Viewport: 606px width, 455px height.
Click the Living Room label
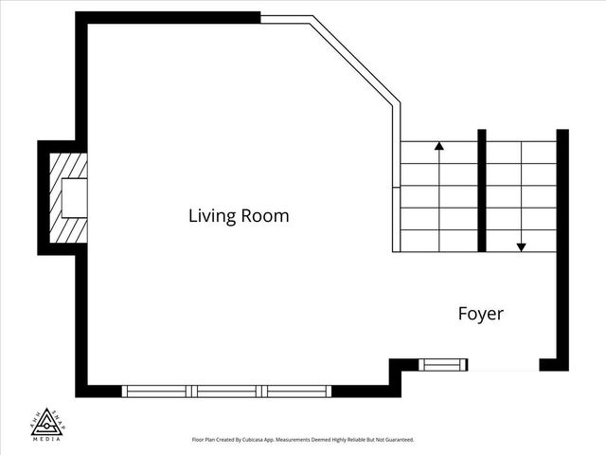click(239, 216)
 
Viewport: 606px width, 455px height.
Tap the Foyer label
click(481, 314)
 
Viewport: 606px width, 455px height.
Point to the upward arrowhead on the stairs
click(439, 146)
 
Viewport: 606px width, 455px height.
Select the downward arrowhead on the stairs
click(521, 247)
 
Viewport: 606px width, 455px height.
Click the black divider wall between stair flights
click(482, 191)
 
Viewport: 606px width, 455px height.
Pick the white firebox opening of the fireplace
click(75, 198)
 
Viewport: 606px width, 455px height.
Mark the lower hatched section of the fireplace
click(69, 231)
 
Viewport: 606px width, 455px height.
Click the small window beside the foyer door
click(443, 365)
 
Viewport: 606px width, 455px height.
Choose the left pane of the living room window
click(157, 391)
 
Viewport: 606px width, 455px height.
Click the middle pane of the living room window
click(226, 391)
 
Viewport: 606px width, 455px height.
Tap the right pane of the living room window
click(297, 391)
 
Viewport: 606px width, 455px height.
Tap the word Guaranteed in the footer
click(396, 440)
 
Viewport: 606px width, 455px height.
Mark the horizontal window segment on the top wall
click(286, 17)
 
